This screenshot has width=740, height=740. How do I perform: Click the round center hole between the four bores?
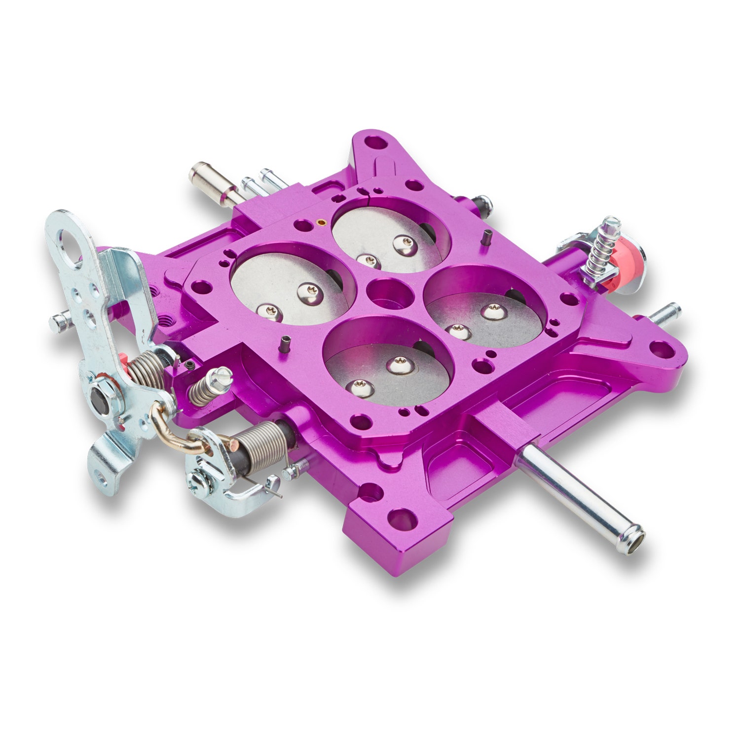(x=388, y=294)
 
